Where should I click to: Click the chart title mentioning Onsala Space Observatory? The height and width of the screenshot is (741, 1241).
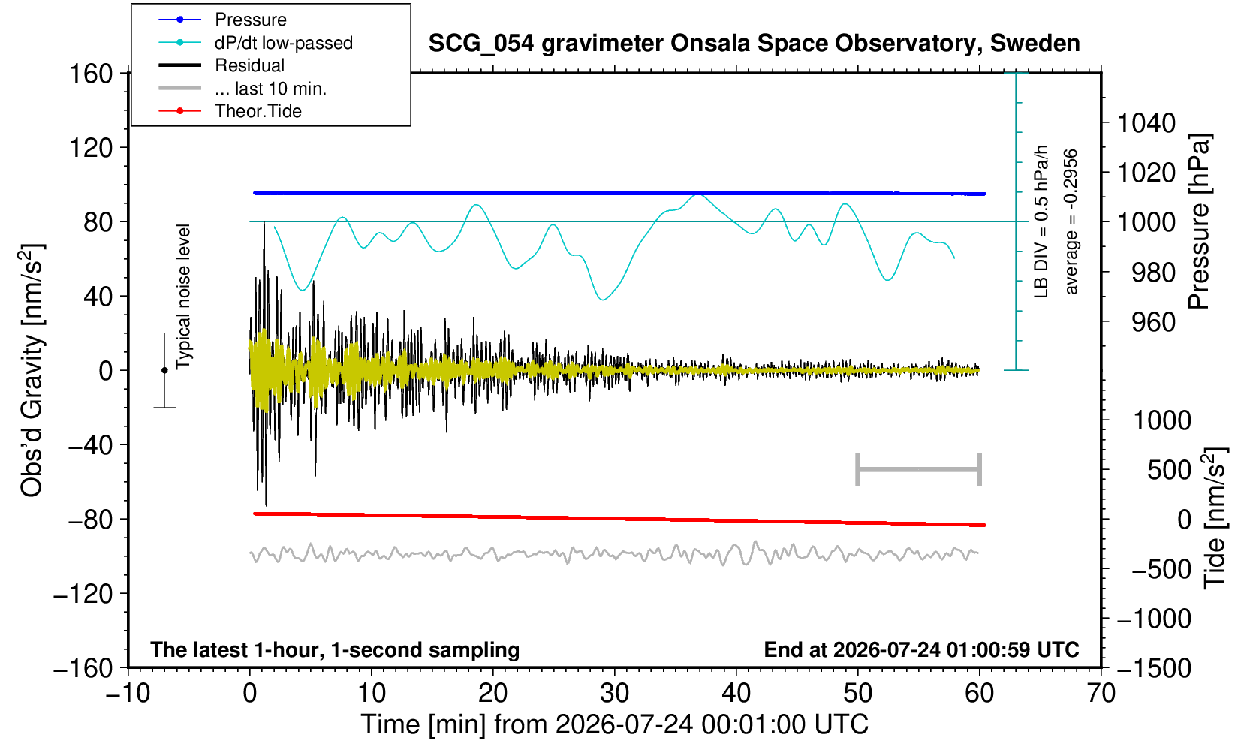point(754,44)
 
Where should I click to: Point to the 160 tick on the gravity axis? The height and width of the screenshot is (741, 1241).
point(91,74)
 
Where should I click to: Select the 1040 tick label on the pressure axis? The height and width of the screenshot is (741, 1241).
point(1146,123)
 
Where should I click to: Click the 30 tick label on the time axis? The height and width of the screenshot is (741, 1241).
point(614,694)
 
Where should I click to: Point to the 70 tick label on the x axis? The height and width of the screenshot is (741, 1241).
point(1101,694)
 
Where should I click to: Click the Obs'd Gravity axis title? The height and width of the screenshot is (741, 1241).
point(32,370)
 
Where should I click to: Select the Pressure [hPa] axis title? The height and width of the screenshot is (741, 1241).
point(1200,221)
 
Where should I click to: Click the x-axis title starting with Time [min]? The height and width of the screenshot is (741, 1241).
point(614,724)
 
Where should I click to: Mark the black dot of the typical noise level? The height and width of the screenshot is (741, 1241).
point(164,370)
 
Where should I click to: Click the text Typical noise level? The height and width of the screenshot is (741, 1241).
point(183,297)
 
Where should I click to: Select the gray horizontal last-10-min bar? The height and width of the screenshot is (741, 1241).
point(919,469)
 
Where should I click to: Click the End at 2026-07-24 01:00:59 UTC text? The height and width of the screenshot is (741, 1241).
point(922,649)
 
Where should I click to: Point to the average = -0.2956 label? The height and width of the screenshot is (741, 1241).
point(1071,221)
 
